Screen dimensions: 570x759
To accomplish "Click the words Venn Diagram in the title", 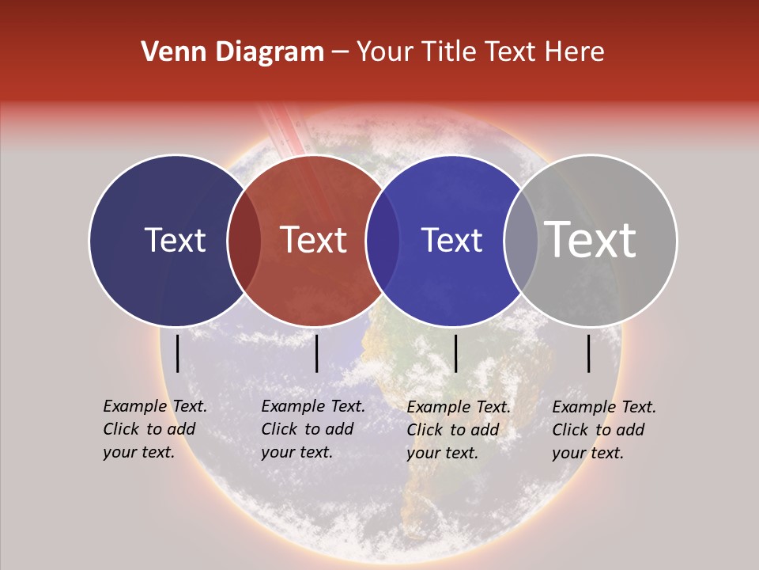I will (232, 52).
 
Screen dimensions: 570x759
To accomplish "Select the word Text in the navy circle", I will (175, 240).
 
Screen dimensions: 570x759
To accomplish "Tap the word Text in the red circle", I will (313, 240).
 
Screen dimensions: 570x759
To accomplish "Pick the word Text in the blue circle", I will (451, 240).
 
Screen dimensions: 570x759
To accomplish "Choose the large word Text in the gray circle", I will (591, 240).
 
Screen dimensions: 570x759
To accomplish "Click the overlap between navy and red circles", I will (244, 240).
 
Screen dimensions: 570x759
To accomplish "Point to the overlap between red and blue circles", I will (383, 240).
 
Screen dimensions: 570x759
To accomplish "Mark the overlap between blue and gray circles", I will (521, 240).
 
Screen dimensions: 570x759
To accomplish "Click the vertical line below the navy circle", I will (177, 353).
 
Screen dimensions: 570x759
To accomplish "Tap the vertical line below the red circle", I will (316, 353).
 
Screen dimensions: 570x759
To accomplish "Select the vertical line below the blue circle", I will (455, 353).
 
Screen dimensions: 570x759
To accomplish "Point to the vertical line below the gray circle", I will (589, 353).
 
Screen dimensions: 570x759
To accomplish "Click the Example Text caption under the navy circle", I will (154, 429).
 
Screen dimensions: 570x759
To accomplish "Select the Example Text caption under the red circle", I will (312, 429).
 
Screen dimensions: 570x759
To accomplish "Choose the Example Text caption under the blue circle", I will (458, 430).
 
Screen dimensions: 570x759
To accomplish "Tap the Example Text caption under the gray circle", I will (603, 430).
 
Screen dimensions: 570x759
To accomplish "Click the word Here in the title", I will (579, 52).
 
